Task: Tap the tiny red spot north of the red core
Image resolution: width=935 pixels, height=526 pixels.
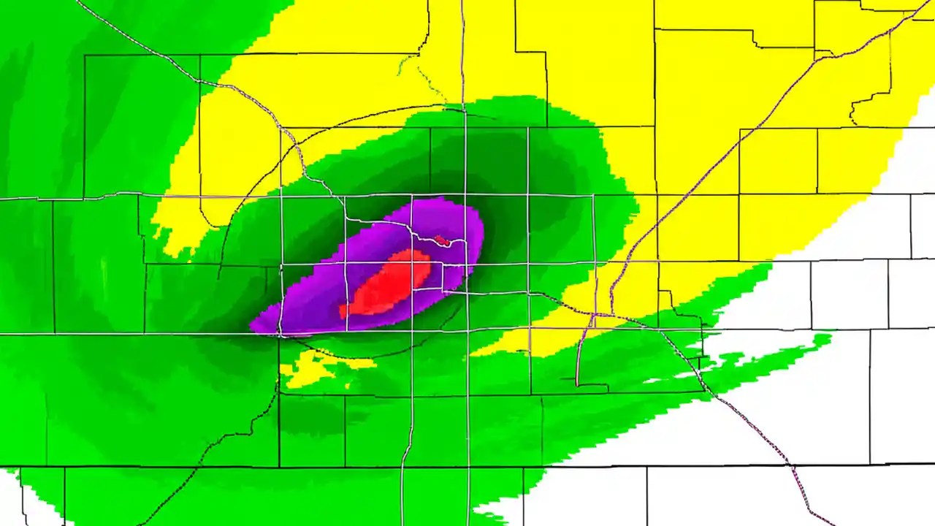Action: (x=440, y=240)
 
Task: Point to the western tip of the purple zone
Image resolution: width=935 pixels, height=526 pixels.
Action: (x=252, y=327)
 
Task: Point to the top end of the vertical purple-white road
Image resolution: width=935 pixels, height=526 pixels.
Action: (x=462, y=4)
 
